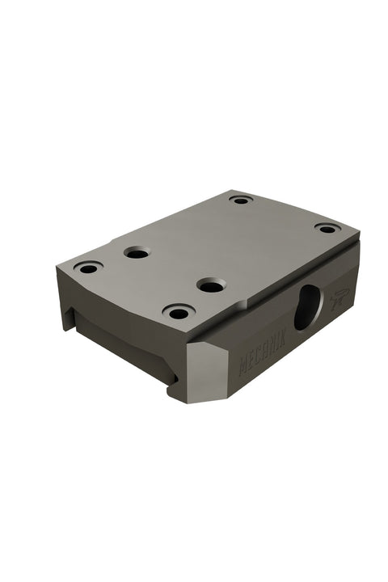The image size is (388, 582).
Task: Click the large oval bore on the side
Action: point(308,307)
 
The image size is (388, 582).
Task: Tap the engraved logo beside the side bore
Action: point(339,298)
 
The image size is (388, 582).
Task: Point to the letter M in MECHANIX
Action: point(242,366)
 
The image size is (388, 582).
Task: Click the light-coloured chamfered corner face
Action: point(207,373)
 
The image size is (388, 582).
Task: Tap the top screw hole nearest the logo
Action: point(327,229)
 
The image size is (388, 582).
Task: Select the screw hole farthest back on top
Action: point(241,200)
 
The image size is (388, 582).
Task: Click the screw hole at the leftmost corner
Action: point(88,268)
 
